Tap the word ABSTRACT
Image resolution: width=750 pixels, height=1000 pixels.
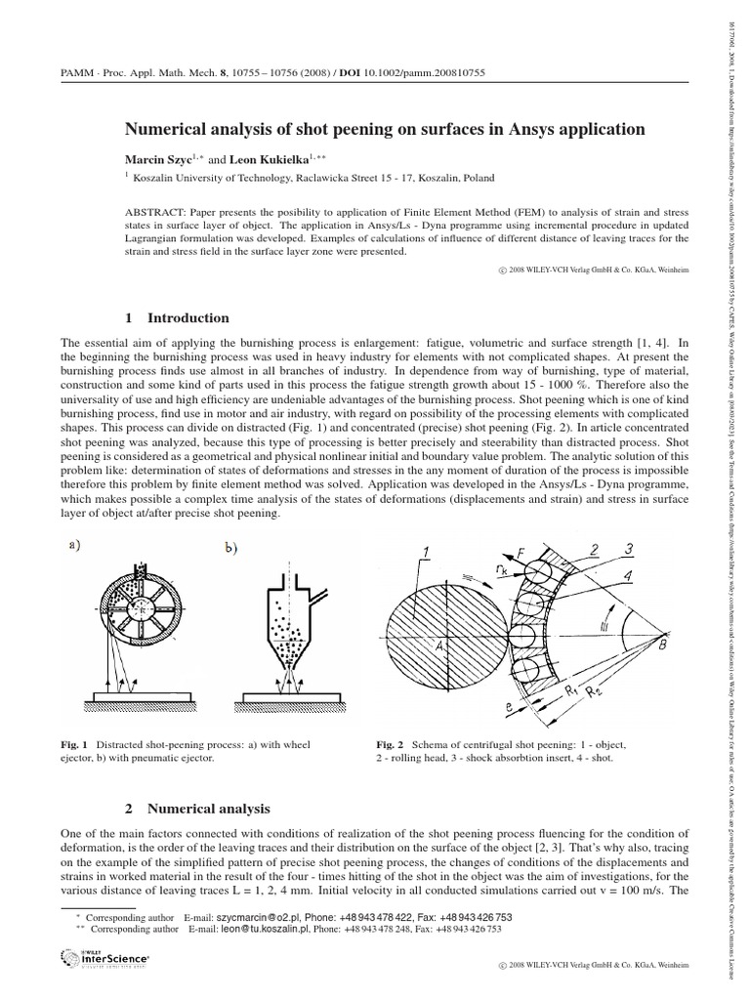click(156, 212)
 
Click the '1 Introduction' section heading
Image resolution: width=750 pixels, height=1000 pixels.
click(177, 317)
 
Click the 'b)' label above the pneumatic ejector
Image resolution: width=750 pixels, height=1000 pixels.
click(230, 551)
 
